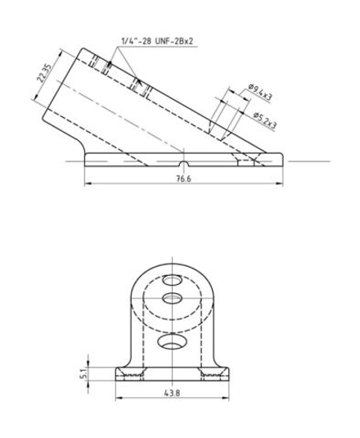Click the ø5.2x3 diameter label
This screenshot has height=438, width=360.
coord(263,123)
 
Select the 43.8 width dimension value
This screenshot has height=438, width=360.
coord(172,393)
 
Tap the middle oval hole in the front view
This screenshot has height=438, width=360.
coord(172,296)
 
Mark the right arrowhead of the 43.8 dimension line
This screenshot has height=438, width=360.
coord(232,400)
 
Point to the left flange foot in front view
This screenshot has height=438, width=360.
coord(128,374)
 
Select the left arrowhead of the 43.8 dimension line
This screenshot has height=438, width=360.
coord(114,400)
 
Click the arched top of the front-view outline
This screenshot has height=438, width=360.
coord(172,261)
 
